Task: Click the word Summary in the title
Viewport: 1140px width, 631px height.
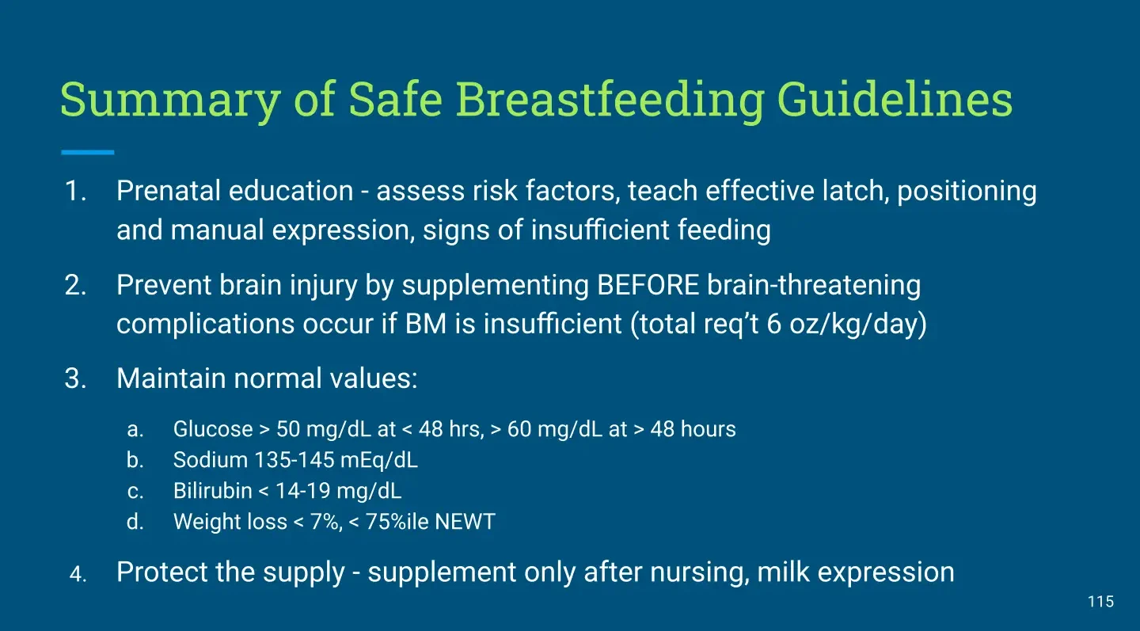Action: [170, 101]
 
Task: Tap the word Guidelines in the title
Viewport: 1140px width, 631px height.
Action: [895, 101]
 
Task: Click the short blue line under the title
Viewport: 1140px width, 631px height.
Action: [88, 152]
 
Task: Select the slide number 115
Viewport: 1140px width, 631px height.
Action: [1100, 602]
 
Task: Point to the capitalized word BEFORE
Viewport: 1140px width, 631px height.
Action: [648, 285]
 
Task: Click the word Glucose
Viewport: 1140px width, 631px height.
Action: [213, 429]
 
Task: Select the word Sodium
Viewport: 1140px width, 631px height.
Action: [211, 460]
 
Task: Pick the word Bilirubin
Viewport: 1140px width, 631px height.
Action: [213, 491]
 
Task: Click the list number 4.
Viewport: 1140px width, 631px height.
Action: [78, 575]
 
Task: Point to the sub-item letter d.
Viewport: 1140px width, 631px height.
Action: [135, 522]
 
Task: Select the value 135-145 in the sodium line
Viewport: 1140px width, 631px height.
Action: [294, 460]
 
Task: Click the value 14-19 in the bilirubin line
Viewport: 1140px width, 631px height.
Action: [302, 491]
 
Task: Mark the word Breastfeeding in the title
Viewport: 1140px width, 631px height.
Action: [610, 101]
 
